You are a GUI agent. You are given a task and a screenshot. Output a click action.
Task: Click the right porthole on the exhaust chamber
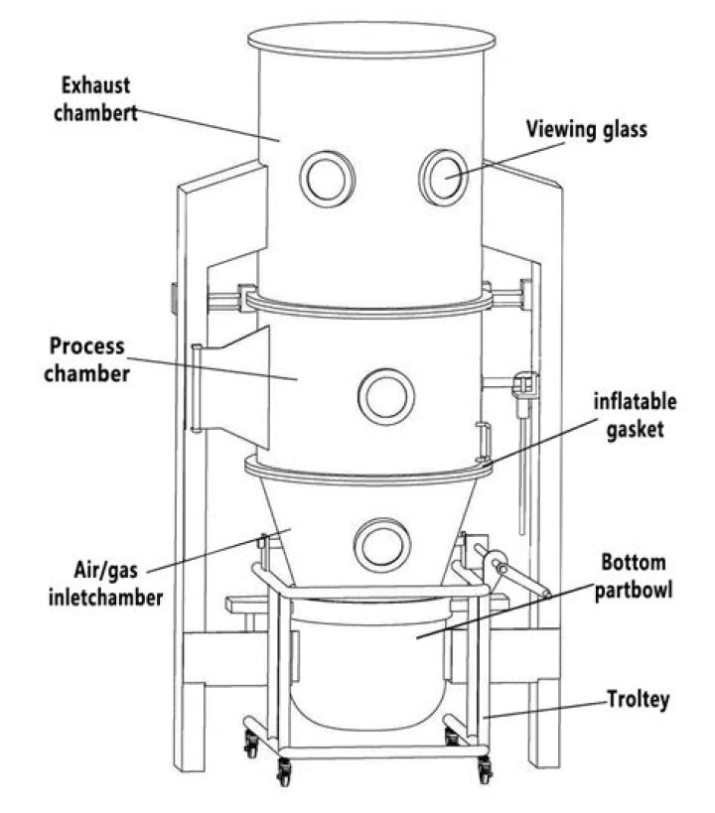pyautogui.click(x=442, y=178)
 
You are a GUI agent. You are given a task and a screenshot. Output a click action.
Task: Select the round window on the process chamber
pyautogui.click(x=385, y=396)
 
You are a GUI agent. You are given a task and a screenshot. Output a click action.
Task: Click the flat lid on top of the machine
pyautogui.click(x=370, y=40)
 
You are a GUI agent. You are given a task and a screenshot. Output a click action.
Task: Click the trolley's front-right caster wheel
pyautogui.click(x=485, y=767)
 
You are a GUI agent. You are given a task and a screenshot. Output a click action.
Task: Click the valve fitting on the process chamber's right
pyautogui.click(x=520, y=387)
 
